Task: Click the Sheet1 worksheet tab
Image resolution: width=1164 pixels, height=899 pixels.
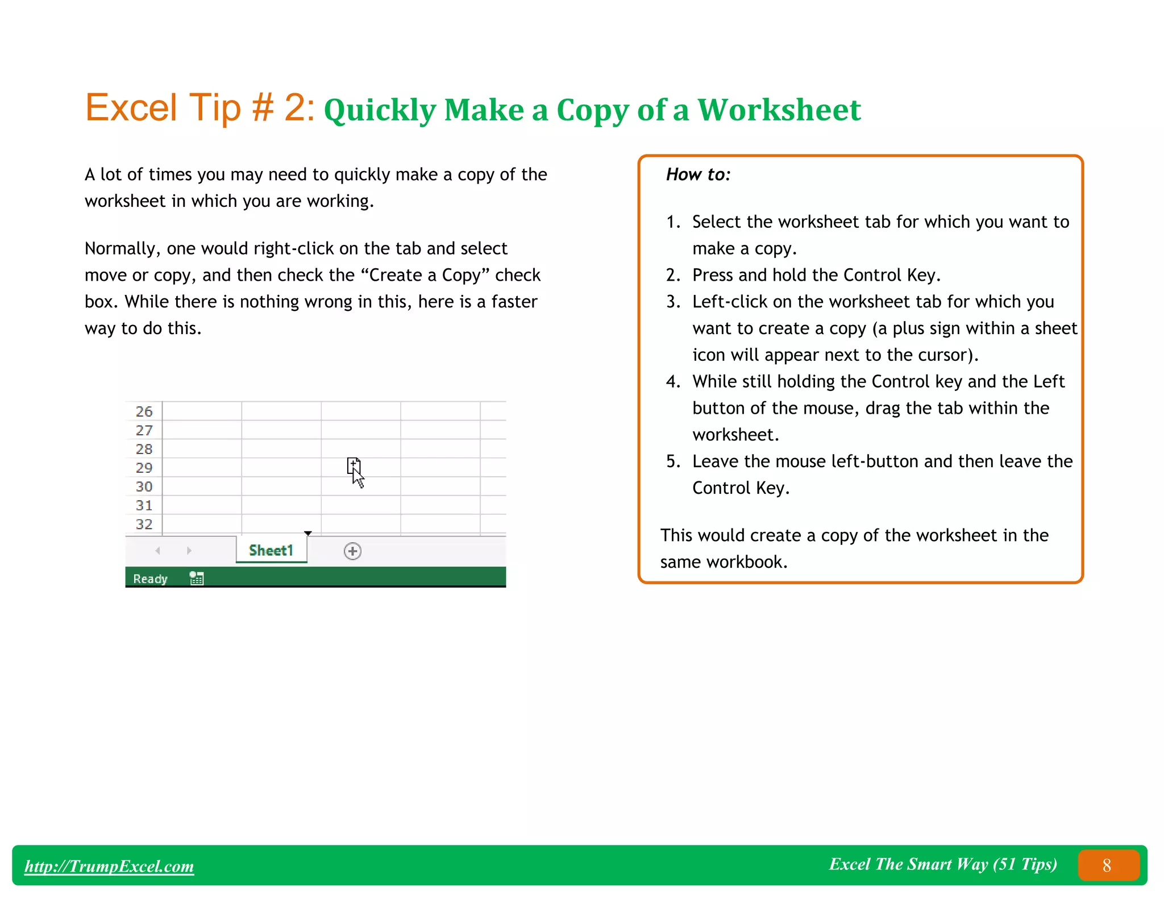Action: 271,550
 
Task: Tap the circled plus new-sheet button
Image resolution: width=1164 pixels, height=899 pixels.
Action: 352,551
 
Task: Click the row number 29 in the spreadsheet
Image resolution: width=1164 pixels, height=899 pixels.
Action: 144,468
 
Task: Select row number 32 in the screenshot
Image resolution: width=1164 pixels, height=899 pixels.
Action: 144,524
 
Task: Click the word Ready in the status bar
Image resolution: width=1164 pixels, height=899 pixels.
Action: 150,578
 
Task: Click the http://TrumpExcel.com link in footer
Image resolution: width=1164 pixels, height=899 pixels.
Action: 109,866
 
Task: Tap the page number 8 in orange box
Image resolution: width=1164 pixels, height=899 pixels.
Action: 1107,865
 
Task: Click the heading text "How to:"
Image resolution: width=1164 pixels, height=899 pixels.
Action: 698,174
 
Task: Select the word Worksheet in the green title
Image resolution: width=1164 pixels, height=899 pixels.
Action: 779,110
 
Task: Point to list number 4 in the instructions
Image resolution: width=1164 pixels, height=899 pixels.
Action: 672,381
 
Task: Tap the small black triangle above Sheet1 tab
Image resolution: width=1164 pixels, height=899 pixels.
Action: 308,533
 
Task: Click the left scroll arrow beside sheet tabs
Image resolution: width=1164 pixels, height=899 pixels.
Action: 158,551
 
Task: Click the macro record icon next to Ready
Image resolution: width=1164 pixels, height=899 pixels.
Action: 197,578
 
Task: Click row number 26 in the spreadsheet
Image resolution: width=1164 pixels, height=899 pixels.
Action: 144,411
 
